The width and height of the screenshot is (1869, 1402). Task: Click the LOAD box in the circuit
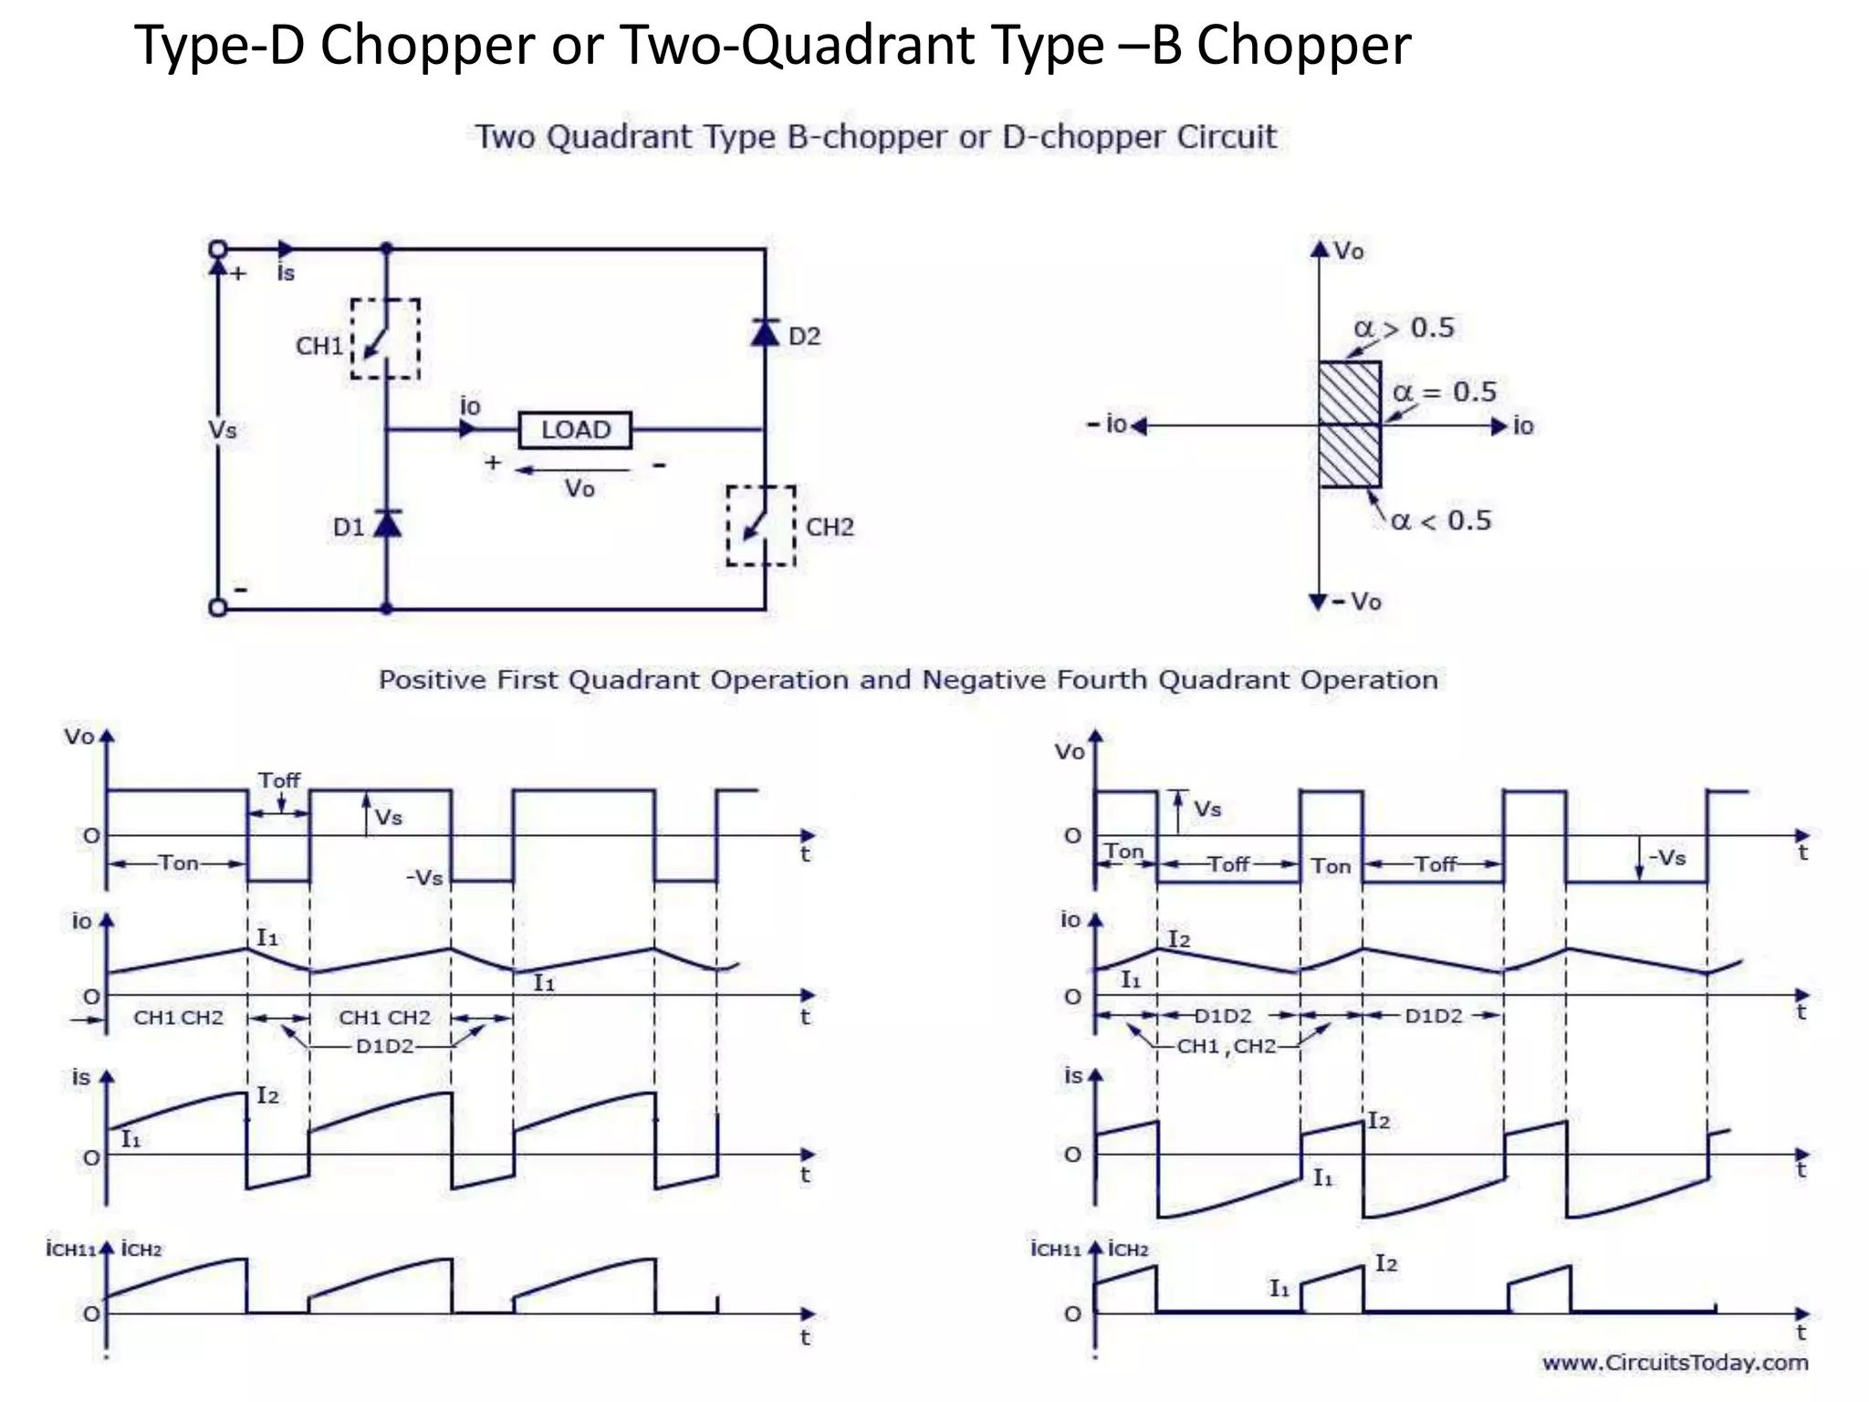pos(575,429)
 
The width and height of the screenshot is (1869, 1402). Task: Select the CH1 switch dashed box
pos(386,339)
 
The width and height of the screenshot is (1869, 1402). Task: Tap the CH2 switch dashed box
pos(760,526)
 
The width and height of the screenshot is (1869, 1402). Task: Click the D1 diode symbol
pos(387,524)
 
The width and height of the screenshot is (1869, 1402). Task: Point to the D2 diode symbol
pos(765,332)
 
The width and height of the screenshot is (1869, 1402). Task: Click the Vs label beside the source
pos(223,429)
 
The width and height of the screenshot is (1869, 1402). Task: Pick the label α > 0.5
pos(1404,328)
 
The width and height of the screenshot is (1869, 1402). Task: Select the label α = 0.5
pos(1445,392)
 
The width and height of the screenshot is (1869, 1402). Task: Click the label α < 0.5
pos(1441,521)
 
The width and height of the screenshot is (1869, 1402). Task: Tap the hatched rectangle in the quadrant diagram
pos(1350,424)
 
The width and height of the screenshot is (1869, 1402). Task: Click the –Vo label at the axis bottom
pos(1357,602)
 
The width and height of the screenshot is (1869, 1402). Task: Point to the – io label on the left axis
pos(1106,424)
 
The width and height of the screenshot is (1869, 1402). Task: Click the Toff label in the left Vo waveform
pos(279,780)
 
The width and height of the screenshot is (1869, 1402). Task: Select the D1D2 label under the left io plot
pos(384,1046)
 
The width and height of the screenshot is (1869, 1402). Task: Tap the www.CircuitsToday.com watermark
pos(1675,1363)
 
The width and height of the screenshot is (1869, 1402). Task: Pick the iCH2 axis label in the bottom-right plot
pos(1129,1249)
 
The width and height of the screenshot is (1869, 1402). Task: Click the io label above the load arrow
pos(470,405)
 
